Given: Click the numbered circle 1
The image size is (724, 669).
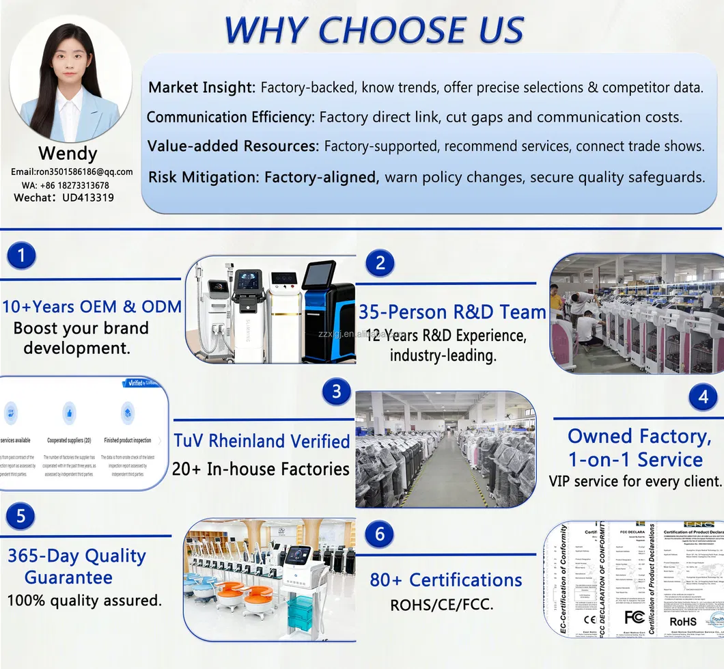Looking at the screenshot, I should pos(22,256).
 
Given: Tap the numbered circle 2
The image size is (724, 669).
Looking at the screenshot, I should pos(380,262).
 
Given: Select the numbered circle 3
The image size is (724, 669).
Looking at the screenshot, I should pos(336,392).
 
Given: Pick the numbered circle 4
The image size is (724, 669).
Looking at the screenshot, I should pos(702,397).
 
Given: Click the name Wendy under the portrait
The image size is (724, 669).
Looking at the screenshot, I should pos(68,153).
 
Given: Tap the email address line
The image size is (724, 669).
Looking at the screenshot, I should pos(72,172).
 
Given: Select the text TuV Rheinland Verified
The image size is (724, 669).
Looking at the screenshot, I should pos(262,441).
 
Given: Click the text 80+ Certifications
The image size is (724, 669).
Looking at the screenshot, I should pos(445,580).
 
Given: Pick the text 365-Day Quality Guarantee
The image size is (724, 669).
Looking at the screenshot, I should pos(76,566).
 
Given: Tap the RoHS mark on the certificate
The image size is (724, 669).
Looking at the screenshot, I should pos(683,621).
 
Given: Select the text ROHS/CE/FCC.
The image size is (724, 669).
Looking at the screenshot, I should pos(441,605).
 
